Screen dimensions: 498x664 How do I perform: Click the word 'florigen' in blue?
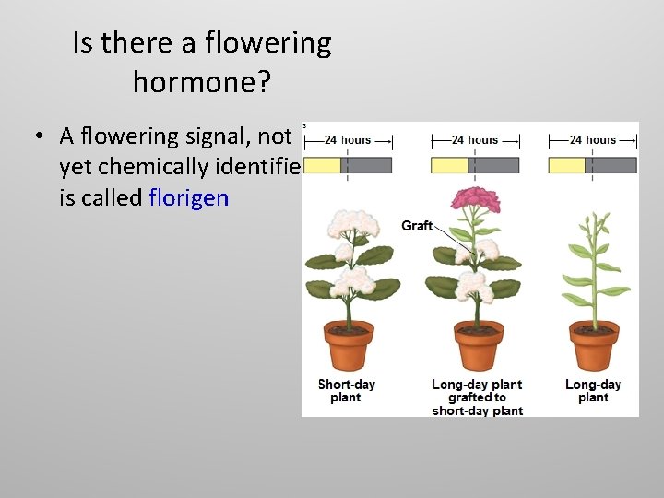coord(188,197)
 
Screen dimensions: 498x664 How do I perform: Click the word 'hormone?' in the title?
coord(201,82)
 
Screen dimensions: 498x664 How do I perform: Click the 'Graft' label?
coord(417,225)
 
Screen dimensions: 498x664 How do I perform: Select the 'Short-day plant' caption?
coord(346,391)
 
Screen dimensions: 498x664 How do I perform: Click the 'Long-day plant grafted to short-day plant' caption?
coord(477,397)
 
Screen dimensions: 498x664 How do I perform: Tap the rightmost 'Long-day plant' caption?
coord(593,391)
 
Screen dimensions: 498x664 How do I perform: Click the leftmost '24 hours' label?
coord(348,140)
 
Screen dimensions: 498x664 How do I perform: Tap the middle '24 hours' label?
coord(475,140)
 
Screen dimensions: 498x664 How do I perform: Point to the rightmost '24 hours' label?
coord(592,140)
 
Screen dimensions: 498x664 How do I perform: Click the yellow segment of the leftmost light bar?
coord(322,165)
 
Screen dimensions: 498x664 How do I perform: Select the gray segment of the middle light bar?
coord(494,165)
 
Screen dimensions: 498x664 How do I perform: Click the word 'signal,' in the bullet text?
coord(217,136)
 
